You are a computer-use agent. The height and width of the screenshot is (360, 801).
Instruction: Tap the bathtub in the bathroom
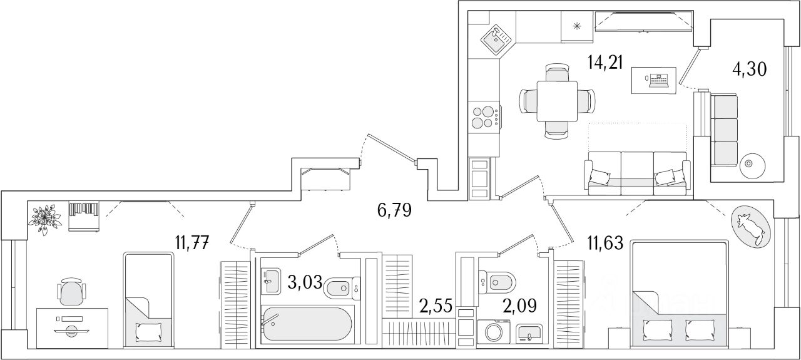[x=307, y=324]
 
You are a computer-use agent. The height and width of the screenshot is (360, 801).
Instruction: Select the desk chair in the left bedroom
[x=69, y=292]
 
